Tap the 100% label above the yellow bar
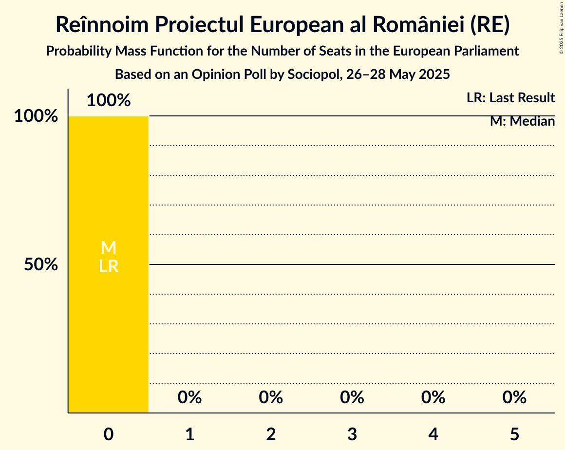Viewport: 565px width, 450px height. click(x=109, y=100)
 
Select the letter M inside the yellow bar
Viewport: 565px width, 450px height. click(x=109, y=248)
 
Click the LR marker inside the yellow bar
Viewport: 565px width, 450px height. click(x=109, y=266)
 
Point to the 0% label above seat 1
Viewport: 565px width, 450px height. click(x=190, y=397)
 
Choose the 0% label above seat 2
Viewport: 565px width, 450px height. click(x=271, y=397)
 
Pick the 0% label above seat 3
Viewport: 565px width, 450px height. click(x=352, y=397)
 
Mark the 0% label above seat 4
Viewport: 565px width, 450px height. click(x=433, y=397)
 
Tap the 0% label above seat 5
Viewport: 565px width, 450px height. click(x=514, y=397)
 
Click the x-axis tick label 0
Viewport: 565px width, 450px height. click(x=109, y=434)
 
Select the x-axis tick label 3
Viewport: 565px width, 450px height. click(x=352, y=434)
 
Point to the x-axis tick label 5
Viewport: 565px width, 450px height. click(x=514, y=434)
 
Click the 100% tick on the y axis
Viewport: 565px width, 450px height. click(x=36, y=116)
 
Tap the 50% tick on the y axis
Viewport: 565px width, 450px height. click(x=41, y=264)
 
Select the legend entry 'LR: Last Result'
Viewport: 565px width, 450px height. click(x=510, y=98)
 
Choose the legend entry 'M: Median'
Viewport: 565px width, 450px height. click(x=522, y=121)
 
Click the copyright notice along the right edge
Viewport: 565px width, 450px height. click(x=561, y=28)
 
